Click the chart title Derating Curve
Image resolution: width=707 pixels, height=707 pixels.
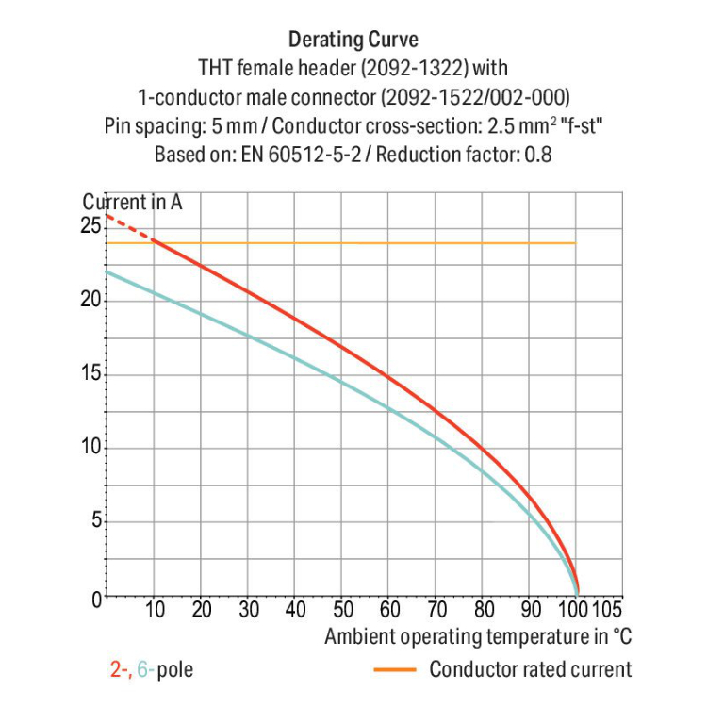pos(353,40)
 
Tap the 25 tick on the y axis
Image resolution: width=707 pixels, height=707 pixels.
pos(90,225)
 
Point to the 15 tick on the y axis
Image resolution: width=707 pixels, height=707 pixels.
pos(90,374)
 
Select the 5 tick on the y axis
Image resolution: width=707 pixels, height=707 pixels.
pos(95,521)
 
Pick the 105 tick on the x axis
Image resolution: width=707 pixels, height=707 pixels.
pos(606,609)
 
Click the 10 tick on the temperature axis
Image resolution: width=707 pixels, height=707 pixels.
pos(155,609)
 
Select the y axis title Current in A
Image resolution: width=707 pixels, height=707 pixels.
pos(133,202)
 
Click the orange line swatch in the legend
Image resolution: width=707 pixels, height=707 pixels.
pos(396,670)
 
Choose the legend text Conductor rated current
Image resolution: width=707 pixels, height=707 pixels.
pos(530,670)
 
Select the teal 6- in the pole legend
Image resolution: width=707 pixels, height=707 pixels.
pos(145,671)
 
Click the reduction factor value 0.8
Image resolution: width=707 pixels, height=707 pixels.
pos(537,154)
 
